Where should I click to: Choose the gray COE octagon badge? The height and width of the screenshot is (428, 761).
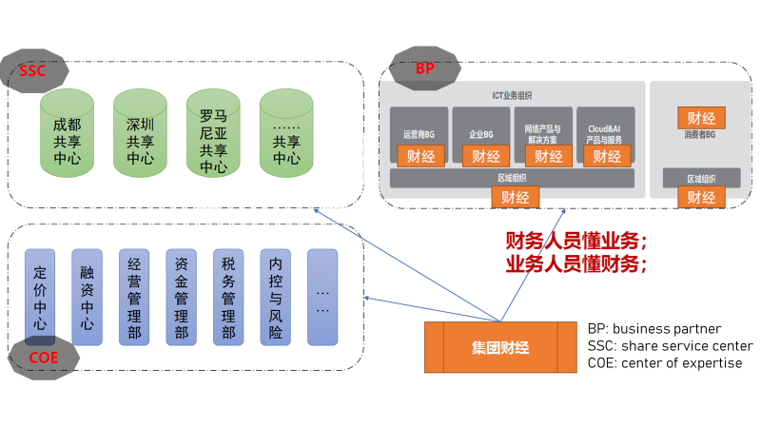pos(39,357)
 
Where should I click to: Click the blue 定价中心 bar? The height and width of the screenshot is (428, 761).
pos(40,297)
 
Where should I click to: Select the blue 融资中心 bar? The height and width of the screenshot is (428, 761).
pos(87,297)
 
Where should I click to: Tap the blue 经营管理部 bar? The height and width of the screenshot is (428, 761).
pos(134,297)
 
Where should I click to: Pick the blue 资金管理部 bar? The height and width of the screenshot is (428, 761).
pos(181,297)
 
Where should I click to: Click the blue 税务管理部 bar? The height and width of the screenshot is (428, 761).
pos(228,297)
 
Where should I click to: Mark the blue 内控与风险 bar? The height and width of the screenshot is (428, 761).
pos(275,297)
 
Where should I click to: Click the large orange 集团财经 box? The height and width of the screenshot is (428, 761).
pos(500,347)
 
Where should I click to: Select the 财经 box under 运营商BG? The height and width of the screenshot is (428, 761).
pos(420,156)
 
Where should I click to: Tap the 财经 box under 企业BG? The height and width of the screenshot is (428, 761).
pos(486,156)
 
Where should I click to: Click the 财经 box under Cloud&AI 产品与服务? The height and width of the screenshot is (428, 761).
pos(606,156)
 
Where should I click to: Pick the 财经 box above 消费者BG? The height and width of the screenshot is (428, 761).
pos(701,118)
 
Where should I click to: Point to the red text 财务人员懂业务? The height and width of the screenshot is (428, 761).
pos(576,241)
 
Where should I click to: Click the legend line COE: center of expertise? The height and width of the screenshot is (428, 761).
pos(665,362)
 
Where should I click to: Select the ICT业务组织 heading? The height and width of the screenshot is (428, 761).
pos(512,94)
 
